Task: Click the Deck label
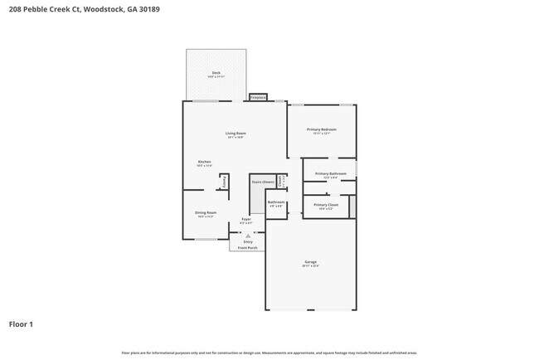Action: click(216, 73)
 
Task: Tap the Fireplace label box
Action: click(258, 98)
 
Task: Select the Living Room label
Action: click(236, 133)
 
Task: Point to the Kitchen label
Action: click(204, 162)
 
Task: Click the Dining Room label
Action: click(206, 212)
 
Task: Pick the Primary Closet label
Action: click(326, 204)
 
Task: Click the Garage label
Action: click(310, 262)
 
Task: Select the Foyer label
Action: click(246, 219)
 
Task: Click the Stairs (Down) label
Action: click(263, 181)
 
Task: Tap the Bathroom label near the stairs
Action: click(276, 202)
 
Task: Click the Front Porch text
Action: click(248, 247)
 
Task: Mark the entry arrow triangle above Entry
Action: click(248, 236)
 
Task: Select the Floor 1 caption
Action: click(21, 324)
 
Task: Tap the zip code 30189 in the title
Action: click(148, 11)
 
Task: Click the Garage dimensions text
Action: click(310, 266)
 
